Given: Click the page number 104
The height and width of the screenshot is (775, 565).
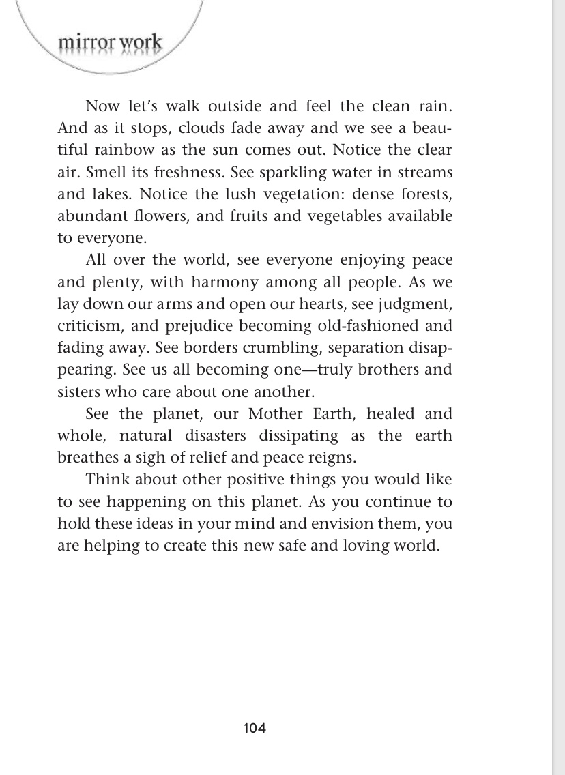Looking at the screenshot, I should [x=255, y=728].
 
